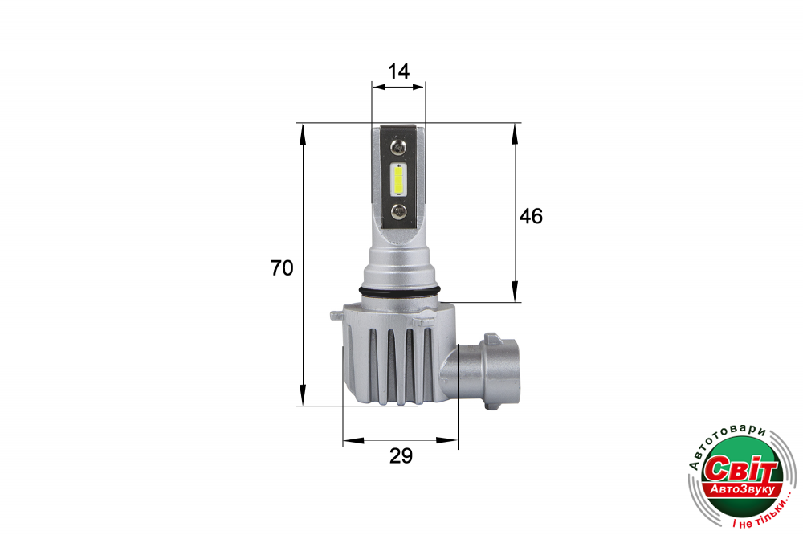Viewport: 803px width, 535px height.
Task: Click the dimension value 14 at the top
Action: click(398, 71)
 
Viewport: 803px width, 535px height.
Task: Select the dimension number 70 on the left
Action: click(282, 268)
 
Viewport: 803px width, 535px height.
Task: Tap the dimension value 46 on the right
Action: click(531, 216)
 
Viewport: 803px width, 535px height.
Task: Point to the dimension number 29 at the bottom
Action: click(401, 455)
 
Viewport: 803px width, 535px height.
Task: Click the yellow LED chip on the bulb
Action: click(398, 179)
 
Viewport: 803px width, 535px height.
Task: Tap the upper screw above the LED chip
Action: click(398, 148)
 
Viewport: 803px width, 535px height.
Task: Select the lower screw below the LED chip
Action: click(398, 210)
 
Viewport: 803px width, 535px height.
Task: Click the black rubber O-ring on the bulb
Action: click(400, 292)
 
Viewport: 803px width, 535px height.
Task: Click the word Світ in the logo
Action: click(741, 468)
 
